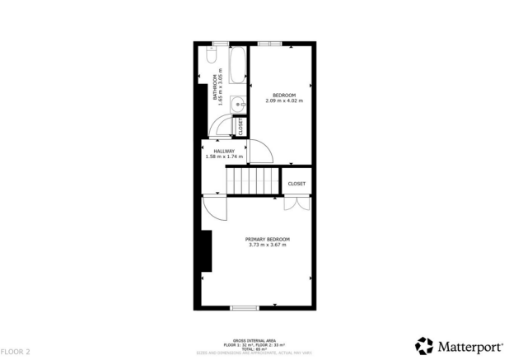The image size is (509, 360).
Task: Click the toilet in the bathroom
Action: tap(211, 61)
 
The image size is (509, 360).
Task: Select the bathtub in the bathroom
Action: tap(237, 66)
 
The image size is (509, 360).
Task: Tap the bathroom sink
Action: tap(237, 104)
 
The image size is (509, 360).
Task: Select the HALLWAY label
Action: tap(225, 151)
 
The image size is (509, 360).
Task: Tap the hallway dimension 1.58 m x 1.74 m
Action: tap(225, 157)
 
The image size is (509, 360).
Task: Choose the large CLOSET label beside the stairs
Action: tap(297, 184)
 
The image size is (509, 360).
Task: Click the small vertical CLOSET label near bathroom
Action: tap(240, 127)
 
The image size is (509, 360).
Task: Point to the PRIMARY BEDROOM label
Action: tap(267, 239)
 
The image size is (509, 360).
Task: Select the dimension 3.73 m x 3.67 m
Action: tap(267, 245)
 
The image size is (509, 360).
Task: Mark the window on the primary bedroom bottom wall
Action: tap(245, 308)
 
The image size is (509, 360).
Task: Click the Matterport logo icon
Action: tap(424, 345)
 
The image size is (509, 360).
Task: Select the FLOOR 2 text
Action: tap(16, 351)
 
